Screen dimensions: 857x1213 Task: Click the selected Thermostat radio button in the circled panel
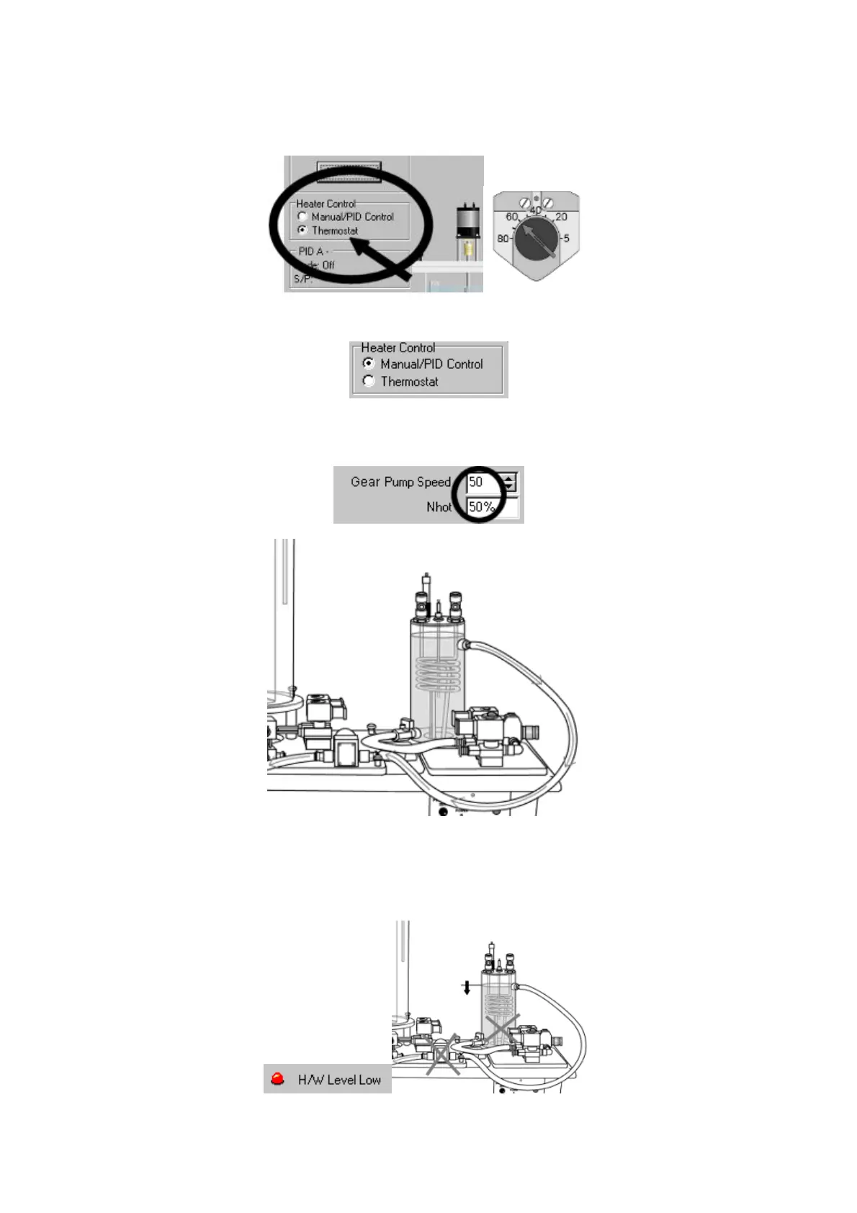click(302, 230)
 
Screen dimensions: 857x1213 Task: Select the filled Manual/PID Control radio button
click(369, 364)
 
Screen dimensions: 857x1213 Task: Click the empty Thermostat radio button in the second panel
click(369, 381)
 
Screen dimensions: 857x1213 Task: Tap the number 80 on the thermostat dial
click(503, 238)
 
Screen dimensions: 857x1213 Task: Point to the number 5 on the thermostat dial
click(566, 238)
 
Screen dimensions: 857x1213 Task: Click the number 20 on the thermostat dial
click(561, 217)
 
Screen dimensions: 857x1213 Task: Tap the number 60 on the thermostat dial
click(512, 217)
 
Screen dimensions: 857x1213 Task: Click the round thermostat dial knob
click(534, 241)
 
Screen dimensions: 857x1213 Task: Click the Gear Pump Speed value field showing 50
click(483, 482)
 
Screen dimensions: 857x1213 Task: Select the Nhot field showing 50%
click(483, 507)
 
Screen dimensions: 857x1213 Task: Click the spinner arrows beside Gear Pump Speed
click(510, 482)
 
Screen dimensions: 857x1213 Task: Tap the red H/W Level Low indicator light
click(278, 1079)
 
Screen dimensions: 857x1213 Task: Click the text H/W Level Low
click(339, 1080)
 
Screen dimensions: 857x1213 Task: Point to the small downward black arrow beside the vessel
click(467, 987)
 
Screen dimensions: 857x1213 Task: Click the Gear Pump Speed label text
click(400, 482)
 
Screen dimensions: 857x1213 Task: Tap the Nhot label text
click(439, 507)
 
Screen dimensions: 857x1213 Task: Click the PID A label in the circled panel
click(312, 251)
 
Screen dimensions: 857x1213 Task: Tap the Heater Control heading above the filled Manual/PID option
click(398, 347)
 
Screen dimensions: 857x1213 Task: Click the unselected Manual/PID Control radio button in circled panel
click(302, 216)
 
